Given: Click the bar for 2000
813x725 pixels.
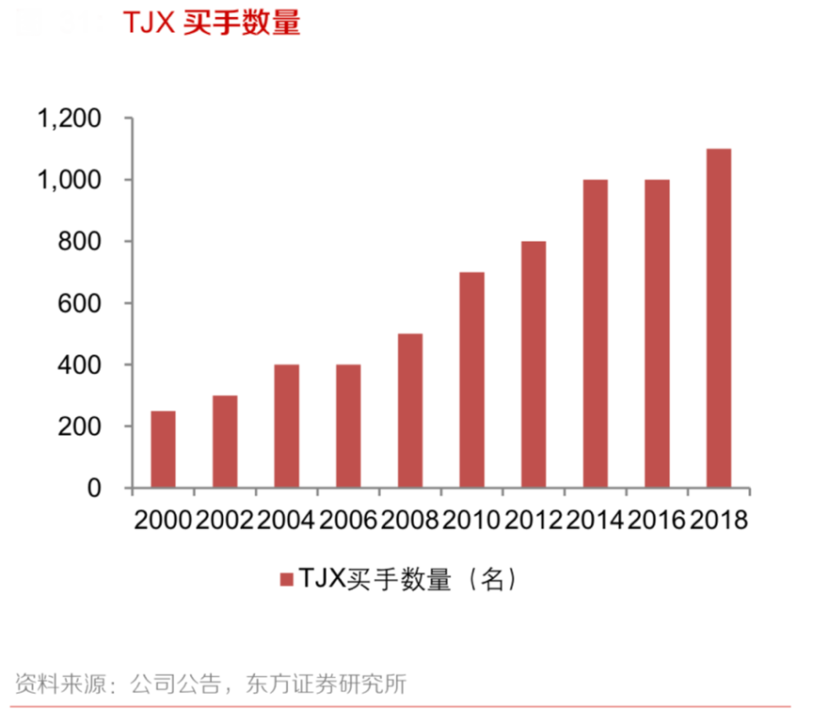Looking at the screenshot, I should pos(163,449).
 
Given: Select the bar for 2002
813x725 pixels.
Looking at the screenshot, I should pos(225,442).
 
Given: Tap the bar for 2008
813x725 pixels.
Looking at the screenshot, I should pos(410,411).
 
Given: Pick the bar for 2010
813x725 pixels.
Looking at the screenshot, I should pos(471,379).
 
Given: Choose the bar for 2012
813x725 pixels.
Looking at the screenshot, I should pos(534,364).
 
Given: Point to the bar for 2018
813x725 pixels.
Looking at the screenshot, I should pos(719,318).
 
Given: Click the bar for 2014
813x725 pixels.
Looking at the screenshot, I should pos(596,333).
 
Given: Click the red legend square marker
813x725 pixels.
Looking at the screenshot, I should pos(285,579).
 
